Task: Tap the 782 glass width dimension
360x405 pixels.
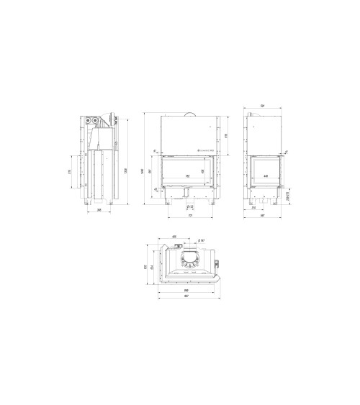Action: [188, 176]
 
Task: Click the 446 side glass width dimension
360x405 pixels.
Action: [266, 176]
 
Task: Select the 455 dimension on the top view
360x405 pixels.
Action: [175, 237]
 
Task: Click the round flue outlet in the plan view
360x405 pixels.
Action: [191, 259]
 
